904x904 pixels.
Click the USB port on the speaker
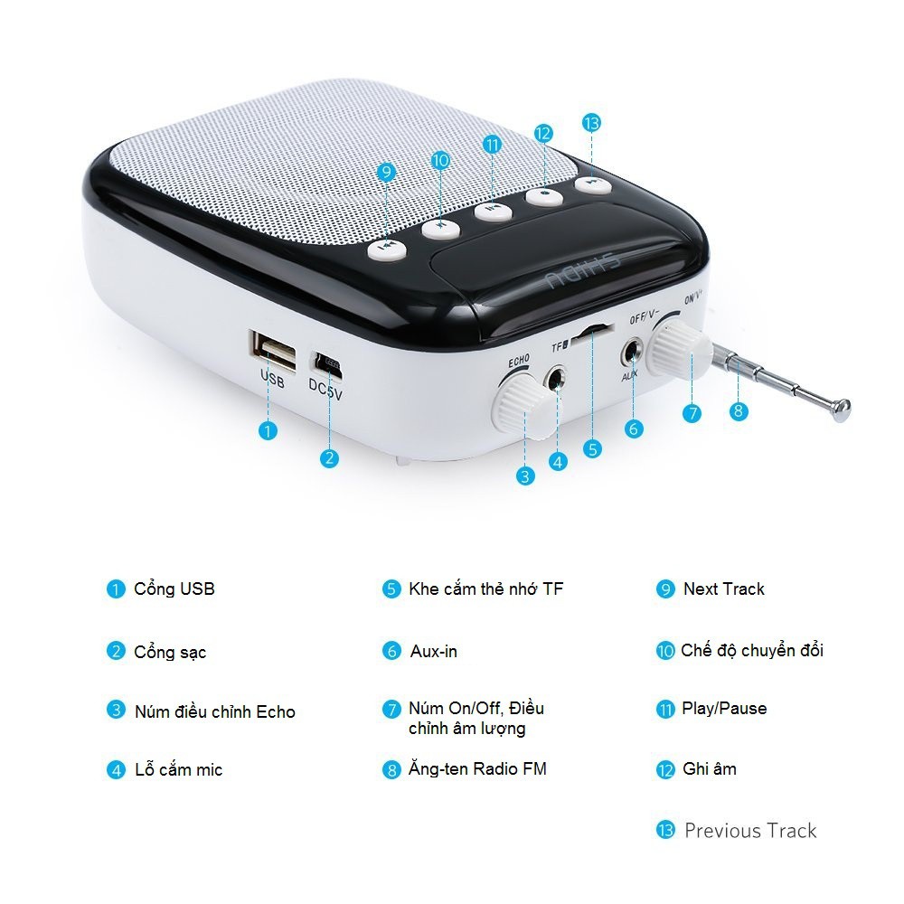click(x=273, y=350)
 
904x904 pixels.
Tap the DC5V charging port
click(x=327, y=364)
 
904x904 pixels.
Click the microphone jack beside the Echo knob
click(x=556, y=379)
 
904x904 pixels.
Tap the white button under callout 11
click(x=493, y=210)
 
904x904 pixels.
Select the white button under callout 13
click(x=592, y=184)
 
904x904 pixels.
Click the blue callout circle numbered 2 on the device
click(x=329, y=458)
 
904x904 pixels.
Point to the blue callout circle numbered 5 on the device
click(x=592, y=448)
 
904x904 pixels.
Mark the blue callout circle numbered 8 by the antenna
click(x=739, y=411)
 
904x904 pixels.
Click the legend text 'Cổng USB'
click(x=174, y=589)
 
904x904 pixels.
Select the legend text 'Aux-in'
click(x=434, y=652)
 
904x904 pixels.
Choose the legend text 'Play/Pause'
click(x=724, y=708)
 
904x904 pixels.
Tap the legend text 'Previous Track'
click(x=750, y=831)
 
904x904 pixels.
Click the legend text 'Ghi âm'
click(x=710, y=768)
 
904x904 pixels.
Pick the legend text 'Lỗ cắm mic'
click(x=179, y=769)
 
